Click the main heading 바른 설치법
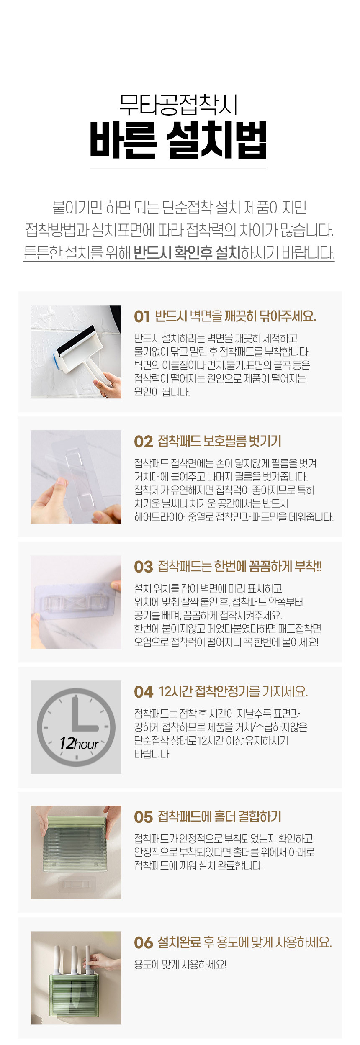(x=178, y=140)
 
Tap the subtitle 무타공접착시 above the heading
(x=179, y=105)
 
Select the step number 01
(x=142, y=317)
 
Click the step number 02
(x=143, y=442)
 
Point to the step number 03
(x=143, y=567)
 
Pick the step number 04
(x=143, y=692)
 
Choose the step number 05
(x=143, y=817)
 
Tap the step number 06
(x=143, y=943)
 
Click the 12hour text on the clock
(x=79, y=744)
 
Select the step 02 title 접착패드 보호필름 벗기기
(x=219, y=441)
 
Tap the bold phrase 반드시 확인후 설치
(x=187, y=252)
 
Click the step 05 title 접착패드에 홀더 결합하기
(x=219, y=817)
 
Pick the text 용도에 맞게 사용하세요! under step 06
(x=180, y=965)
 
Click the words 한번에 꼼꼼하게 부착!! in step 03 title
(x=268, y=567)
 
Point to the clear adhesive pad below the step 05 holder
(x=77, y=883)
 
